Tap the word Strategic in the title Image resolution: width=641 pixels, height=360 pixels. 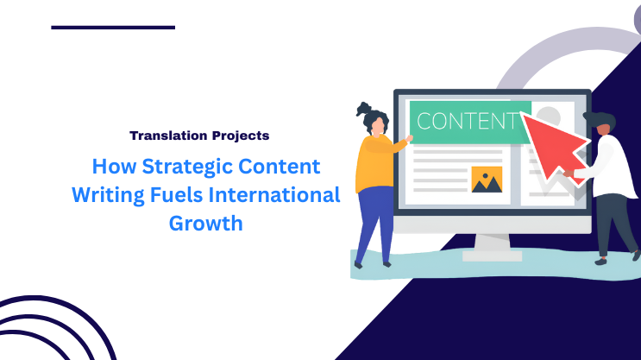point(192,167)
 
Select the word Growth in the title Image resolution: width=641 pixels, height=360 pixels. point(205,224)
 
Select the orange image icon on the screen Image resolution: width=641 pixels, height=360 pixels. point(487,178)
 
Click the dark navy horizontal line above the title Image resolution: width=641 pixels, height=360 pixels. point(113,28)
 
